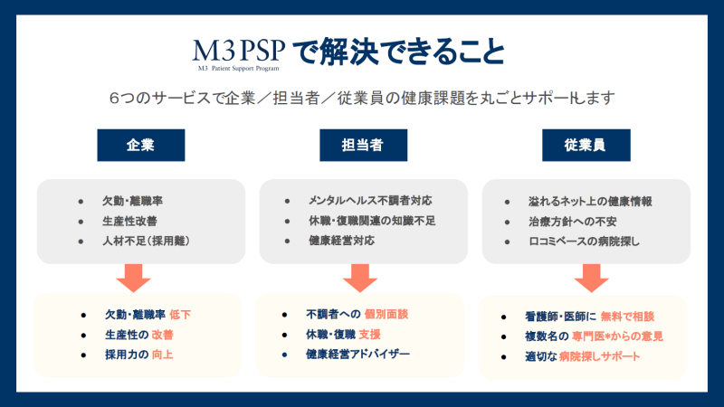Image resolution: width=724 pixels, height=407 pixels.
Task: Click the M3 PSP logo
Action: [x=238, y=54]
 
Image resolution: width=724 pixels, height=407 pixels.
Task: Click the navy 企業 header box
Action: [x=141, y=146]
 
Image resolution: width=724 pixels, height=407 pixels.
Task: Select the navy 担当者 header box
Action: [x=364, y=146]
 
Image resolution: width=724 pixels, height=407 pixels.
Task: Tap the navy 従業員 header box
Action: [x=586, y=146]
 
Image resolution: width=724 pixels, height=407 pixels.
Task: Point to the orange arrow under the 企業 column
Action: [x=133, y=278]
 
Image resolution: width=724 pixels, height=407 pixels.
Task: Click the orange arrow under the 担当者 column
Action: [x=360, y=278]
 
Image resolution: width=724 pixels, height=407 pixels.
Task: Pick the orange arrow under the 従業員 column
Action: [x=592, y=278]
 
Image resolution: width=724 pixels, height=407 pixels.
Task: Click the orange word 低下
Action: [x=180, y=315]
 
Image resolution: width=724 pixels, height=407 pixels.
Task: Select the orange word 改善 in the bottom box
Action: [x=163, y=335]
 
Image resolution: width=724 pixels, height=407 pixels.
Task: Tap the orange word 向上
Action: [x=163, y=355]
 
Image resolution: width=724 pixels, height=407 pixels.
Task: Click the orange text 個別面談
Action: [x=386, y=314]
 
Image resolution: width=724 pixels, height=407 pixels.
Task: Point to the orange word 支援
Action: [x=370, y=334]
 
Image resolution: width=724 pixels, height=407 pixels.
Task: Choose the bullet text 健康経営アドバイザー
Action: [x=357, y=354]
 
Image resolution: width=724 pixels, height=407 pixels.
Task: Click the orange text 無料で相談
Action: [x=627, y=317]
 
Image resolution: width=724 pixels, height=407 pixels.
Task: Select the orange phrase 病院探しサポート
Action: [x=599, y=356]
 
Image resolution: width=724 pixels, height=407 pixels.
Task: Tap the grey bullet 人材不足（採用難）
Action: [x=146, y=241]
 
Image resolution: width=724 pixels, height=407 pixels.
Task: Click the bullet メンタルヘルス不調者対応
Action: [x=370, y=201]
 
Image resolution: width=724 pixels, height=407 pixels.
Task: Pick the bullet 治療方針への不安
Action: [x=573, y=222]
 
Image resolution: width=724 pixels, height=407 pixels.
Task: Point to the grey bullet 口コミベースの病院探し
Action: [x=584, y=241]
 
